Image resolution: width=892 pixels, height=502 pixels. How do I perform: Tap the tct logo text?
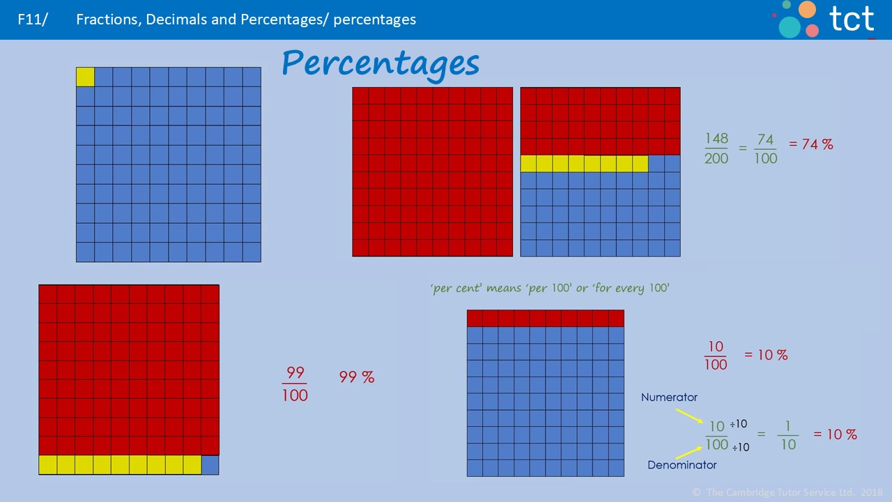coord(851,19)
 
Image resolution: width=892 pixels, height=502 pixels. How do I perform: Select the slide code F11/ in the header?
coord(33,20)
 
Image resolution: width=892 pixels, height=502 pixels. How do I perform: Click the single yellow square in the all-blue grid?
coord(85,77)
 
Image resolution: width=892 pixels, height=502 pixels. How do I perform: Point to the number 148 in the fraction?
coord(716,139)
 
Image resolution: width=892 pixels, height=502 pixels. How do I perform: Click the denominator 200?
coord(716,158)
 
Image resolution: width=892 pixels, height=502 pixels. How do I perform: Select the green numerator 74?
coord(765,139)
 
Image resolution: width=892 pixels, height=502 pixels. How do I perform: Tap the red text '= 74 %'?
coord(810,145)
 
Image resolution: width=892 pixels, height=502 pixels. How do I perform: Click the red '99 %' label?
coord(357,377)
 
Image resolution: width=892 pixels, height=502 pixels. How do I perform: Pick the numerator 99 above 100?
coord(295,373)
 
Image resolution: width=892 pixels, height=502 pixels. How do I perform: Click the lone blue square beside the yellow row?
coord(210,465)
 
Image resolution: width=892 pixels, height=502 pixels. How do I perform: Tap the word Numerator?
coord(669,397)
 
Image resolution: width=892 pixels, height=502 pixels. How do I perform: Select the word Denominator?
coord(682,465)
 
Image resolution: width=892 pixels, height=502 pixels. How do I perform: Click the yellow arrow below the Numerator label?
coord(690,417)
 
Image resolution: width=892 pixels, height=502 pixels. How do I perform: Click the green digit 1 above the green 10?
coord(788,425)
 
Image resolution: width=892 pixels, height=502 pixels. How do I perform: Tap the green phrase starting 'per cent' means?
coord(550,288)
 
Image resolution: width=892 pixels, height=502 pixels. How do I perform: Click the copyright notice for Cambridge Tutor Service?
coord(787,492)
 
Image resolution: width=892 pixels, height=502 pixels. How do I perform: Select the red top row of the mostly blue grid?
coord(545,319)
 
